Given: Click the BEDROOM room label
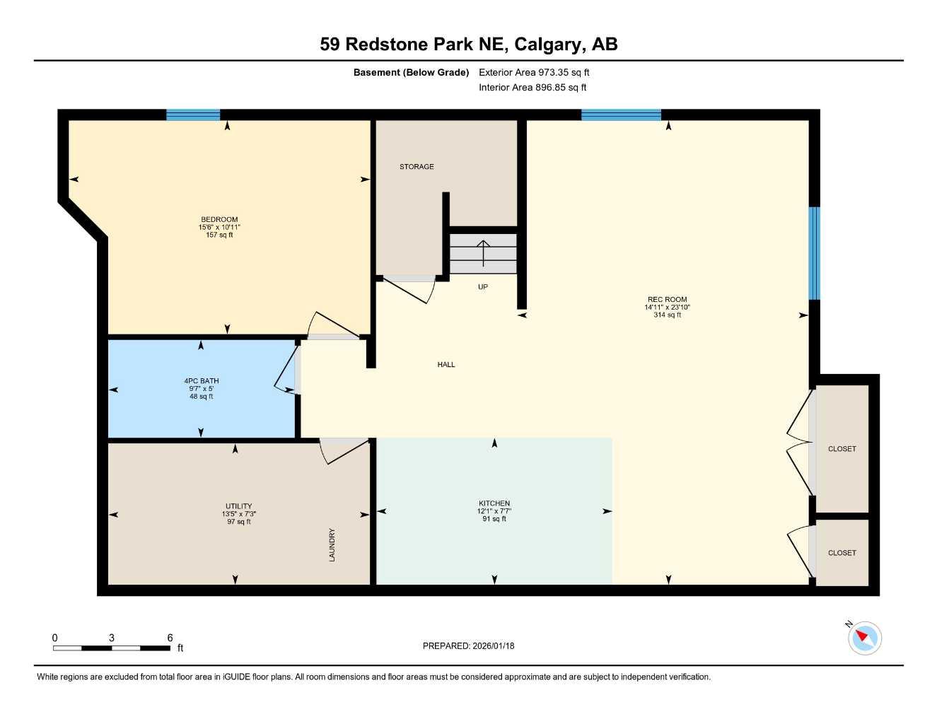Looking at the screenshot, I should click(219, 219).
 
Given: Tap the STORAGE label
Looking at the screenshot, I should click(417, 167).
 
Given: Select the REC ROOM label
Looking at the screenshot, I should click(666, 299).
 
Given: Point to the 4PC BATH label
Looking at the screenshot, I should click(202, 381).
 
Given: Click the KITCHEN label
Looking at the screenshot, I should click(494, 503).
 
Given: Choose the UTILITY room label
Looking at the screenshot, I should click(238, 506).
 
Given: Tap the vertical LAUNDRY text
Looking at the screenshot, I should click(332, 545).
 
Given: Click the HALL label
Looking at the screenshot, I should click(446, 365).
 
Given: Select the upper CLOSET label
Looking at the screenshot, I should click(842, 449).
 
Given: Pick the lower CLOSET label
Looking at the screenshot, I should click(842, 553).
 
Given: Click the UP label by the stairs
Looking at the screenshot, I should click(483, 287).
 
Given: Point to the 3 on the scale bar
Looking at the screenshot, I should click(112, 638).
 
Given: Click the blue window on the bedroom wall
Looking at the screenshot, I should click(193, 115).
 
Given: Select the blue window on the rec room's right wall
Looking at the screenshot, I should click(814, 253).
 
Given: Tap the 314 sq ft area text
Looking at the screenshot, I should click(667, 315).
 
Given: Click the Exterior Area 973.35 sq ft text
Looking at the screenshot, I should click(534, 72).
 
